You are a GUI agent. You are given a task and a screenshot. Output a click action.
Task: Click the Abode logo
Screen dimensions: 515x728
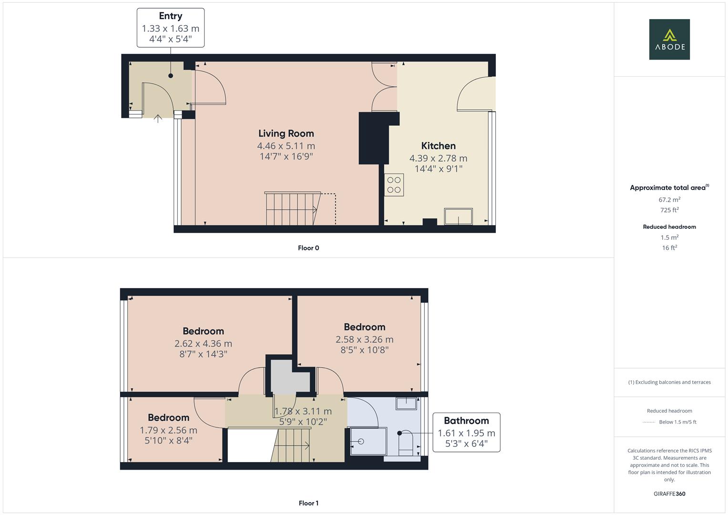(669, 39)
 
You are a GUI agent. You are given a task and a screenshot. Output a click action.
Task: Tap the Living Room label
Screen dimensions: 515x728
(286, 134)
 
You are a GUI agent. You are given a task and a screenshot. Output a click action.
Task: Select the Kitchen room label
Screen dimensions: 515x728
(438, 146)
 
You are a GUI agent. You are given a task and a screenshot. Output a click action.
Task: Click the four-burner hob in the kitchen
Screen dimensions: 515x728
(394, 185)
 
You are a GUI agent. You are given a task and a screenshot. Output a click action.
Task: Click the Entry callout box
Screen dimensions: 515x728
(171, 28)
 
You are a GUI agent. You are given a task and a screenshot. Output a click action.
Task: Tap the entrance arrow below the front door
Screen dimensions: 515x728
(158, 118)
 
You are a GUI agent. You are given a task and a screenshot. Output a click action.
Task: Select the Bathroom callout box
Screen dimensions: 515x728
(466, 432)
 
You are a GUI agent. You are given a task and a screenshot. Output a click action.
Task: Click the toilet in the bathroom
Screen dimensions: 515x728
(405, 441)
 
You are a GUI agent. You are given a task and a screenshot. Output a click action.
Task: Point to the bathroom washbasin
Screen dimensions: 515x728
(406, 403)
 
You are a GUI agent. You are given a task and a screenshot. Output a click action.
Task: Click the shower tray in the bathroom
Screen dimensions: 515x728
(368, 441)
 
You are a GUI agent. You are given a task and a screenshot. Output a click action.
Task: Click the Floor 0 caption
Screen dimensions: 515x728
(308, 248)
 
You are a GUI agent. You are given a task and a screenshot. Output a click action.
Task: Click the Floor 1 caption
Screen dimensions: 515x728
(308, 503)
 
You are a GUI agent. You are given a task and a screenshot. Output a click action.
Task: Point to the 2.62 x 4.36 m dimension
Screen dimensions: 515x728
(203, 343)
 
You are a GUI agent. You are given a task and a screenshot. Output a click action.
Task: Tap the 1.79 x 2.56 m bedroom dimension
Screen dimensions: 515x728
(168, 430)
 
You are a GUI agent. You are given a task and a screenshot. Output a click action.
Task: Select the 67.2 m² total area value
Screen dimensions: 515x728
(669, 200)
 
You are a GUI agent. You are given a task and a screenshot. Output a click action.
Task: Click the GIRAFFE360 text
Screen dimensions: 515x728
(669, 494)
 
